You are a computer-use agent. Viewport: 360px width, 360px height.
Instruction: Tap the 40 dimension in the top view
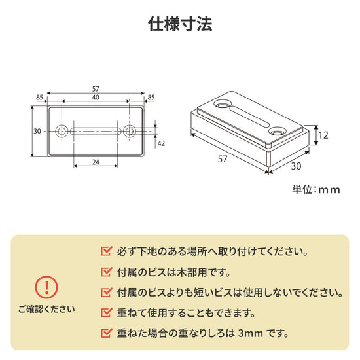pyautogui.click(x=96, y=98)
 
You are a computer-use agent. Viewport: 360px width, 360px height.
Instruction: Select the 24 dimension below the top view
pyautogui.click(x=96, y=161)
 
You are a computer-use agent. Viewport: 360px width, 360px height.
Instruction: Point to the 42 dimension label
pyautogui.click(x=161, y=143)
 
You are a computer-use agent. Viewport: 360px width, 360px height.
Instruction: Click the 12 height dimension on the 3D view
pyautogui.click(x=323, y=135)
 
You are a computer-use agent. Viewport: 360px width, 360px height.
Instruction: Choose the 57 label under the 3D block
pyautogui.click(x=223, y=158)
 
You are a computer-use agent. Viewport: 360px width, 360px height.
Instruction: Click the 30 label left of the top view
pyautogui.click(x=37, y=131)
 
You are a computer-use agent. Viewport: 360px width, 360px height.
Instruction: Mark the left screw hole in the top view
pyautogui.click(x=62, y=131)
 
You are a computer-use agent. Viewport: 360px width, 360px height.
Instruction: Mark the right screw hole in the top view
pyautogui.click(x=129, y=131)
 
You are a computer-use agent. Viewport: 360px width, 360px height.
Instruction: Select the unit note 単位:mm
pyautogui.click(x=316, y=190)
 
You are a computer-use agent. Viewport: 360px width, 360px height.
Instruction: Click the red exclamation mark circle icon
pyautogui.click(x=46, y=287)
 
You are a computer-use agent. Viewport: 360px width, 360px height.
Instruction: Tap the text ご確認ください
pyautogui.click(x=46, y=308)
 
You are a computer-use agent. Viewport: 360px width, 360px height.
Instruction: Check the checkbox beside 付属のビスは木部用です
pyautogui.click(x=106, y=271)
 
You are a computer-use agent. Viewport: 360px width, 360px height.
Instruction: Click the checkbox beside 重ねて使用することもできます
pyautogui.click(x=106, y=312)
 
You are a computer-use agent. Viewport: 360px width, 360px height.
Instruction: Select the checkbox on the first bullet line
pyautogui.click(x=106, y=251)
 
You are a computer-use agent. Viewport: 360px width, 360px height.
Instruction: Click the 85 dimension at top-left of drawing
pyautogui.click(x=40, y=98)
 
